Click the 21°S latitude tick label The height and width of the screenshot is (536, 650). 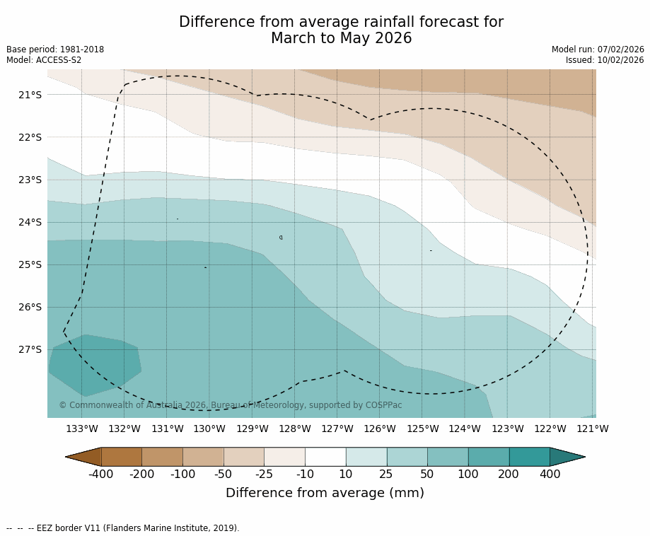[30, 95]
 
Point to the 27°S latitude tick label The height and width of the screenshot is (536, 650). [30, 349]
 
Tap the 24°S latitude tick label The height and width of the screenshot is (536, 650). [30, 222]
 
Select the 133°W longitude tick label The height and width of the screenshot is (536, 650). [82, 429]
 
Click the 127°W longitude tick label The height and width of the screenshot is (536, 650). [337, 429]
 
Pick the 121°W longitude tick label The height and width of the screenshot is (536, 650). [592, 429]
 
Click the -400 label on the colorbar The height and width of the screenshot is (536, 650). [101, 474]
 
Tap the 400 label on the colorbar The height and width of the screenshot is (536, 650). [550, 474]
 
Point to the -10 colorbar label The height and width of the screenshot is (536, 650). [305, 474]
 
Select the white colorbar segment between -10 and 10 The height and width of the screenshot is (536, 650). [325, 457]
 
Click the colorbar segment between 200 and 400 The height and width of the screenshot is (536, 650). [529, 457]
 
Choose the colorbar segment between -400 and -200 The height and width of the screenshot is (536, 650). [122, 457]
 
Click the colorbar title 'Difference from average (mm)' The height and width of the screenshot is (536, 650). [325, 494]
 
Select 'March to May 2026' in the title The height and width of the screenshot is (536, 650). [341, 39]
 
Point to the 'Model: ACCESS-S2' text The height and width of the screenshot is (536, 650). [44, 60]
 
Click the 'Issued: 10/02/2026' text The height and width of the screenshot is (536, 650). [605, 60]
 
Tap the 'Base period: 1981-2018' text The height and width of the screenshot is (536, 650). [55, 49]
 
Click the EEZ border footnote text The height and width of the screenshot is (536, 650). [123, 528]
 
